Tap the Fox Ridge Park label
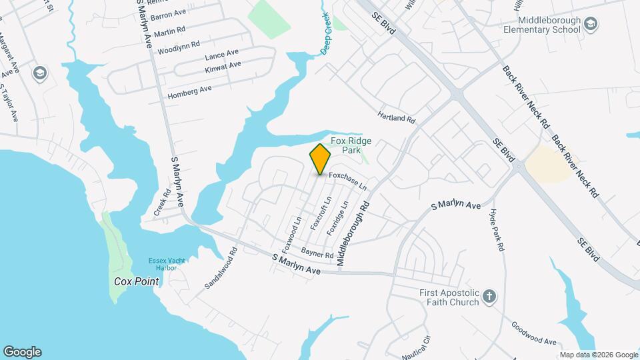351,145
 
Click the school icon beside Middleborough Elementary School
591,25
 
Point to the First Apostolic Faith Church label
449,297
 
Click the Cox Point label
136,281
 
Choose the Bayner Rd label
317,254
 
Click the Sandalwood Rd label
221,268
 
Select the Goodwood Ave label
533,333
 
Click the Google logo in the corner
22,352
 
